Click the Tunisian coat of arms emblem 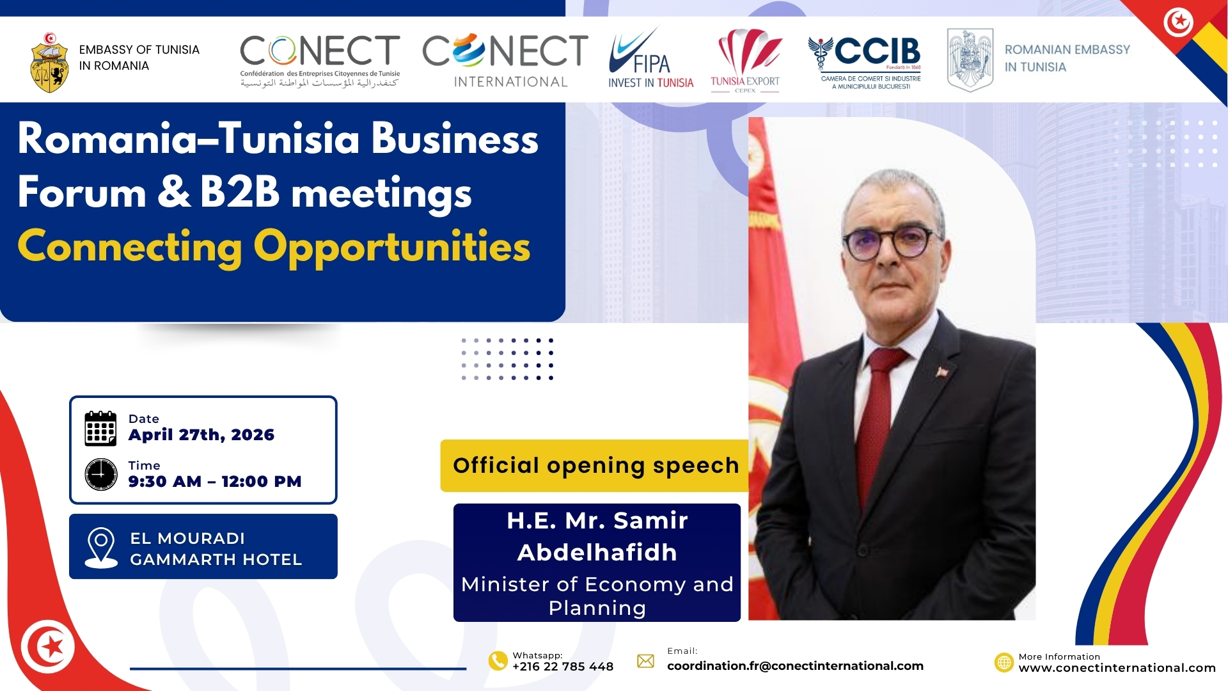49,63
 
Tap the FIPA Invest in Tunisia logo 650,58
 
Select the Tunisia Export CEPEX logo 746,61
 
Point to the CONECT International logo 505,61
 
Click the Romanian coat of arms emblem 970,60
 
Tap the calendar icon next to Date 100,428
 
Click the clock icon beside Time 101,474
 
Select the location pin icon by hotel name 101,548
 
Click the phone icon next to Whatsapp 498,660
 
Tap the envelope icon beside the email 645,661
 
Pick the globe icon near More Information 1004,662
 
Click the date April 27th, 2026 201,435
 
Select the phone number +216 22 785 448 563,667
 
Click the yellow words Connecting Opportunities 274,247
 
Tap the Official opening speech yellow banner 594,466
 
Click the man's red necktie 879,409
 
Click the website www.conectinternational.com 1117,668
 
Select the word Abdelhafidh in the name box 597,552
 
